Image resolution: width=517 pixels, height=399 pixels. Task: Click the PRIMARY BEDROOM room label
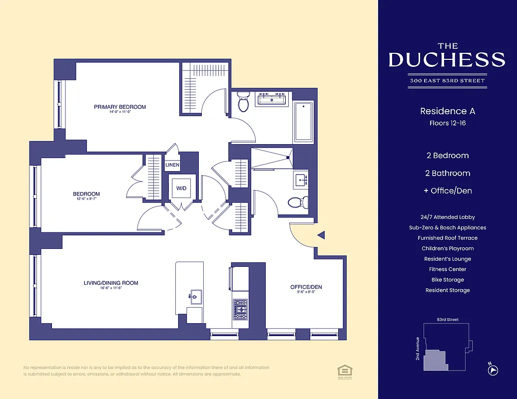[x=120, y=107]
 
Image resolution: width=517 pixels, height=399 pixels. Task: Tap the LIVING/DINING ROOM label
[x=111, y=283]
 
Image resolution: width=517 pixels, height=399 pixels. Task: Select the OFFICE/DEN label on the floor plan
[x=306, y=287]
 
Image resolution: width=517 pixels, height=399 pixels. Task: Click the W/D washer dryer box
[x=180, y=189]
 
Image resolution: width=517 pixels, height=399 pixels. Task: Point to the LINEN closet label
[x=172, y=165]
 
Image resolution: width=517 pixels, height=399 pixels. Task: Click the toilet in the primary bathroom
[x=243, y=102]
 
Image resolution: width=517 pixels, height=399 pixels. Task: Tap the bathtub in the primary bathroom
[x=303, y=122]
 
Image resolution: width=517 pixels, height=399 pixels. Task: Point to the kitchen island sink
[x=195, y=297]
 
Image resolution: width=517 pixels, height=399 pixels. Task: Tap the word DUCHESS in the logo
[x=447, y=60]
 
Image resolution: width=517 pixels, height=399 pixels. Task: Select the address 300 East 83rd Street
[x=447, y=80]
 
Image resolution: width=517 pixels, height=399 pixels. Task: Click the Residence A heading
[x=447, y=111]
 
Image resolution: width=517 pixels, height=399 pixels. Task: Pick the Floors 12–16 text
[x=447, y=123]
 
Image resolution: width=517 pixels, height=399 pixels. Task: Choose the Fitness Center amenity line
[x=447, y=269]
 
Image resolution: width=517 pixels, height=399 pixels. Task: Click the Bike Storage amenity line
[x=447, y=280]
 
